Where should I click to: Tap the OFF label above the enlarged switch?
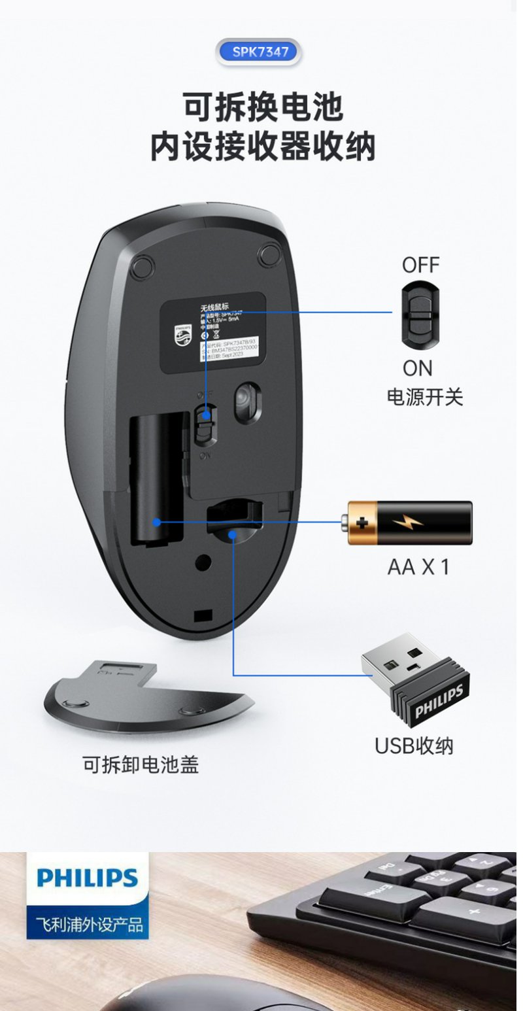[x=420, y=266]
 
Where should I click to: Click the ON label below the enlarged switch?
[x=418, y=369]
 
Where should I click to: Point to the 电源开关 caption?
[x=425, y=397]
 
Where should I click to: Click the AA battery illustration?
[x=409, y=523]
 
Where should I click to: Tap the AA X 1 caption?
[x=418, y=567]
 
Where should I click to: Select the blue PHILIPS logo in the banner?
[x=88, y=877]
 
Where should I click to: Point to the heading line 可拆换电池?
[x=261, y=107]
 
